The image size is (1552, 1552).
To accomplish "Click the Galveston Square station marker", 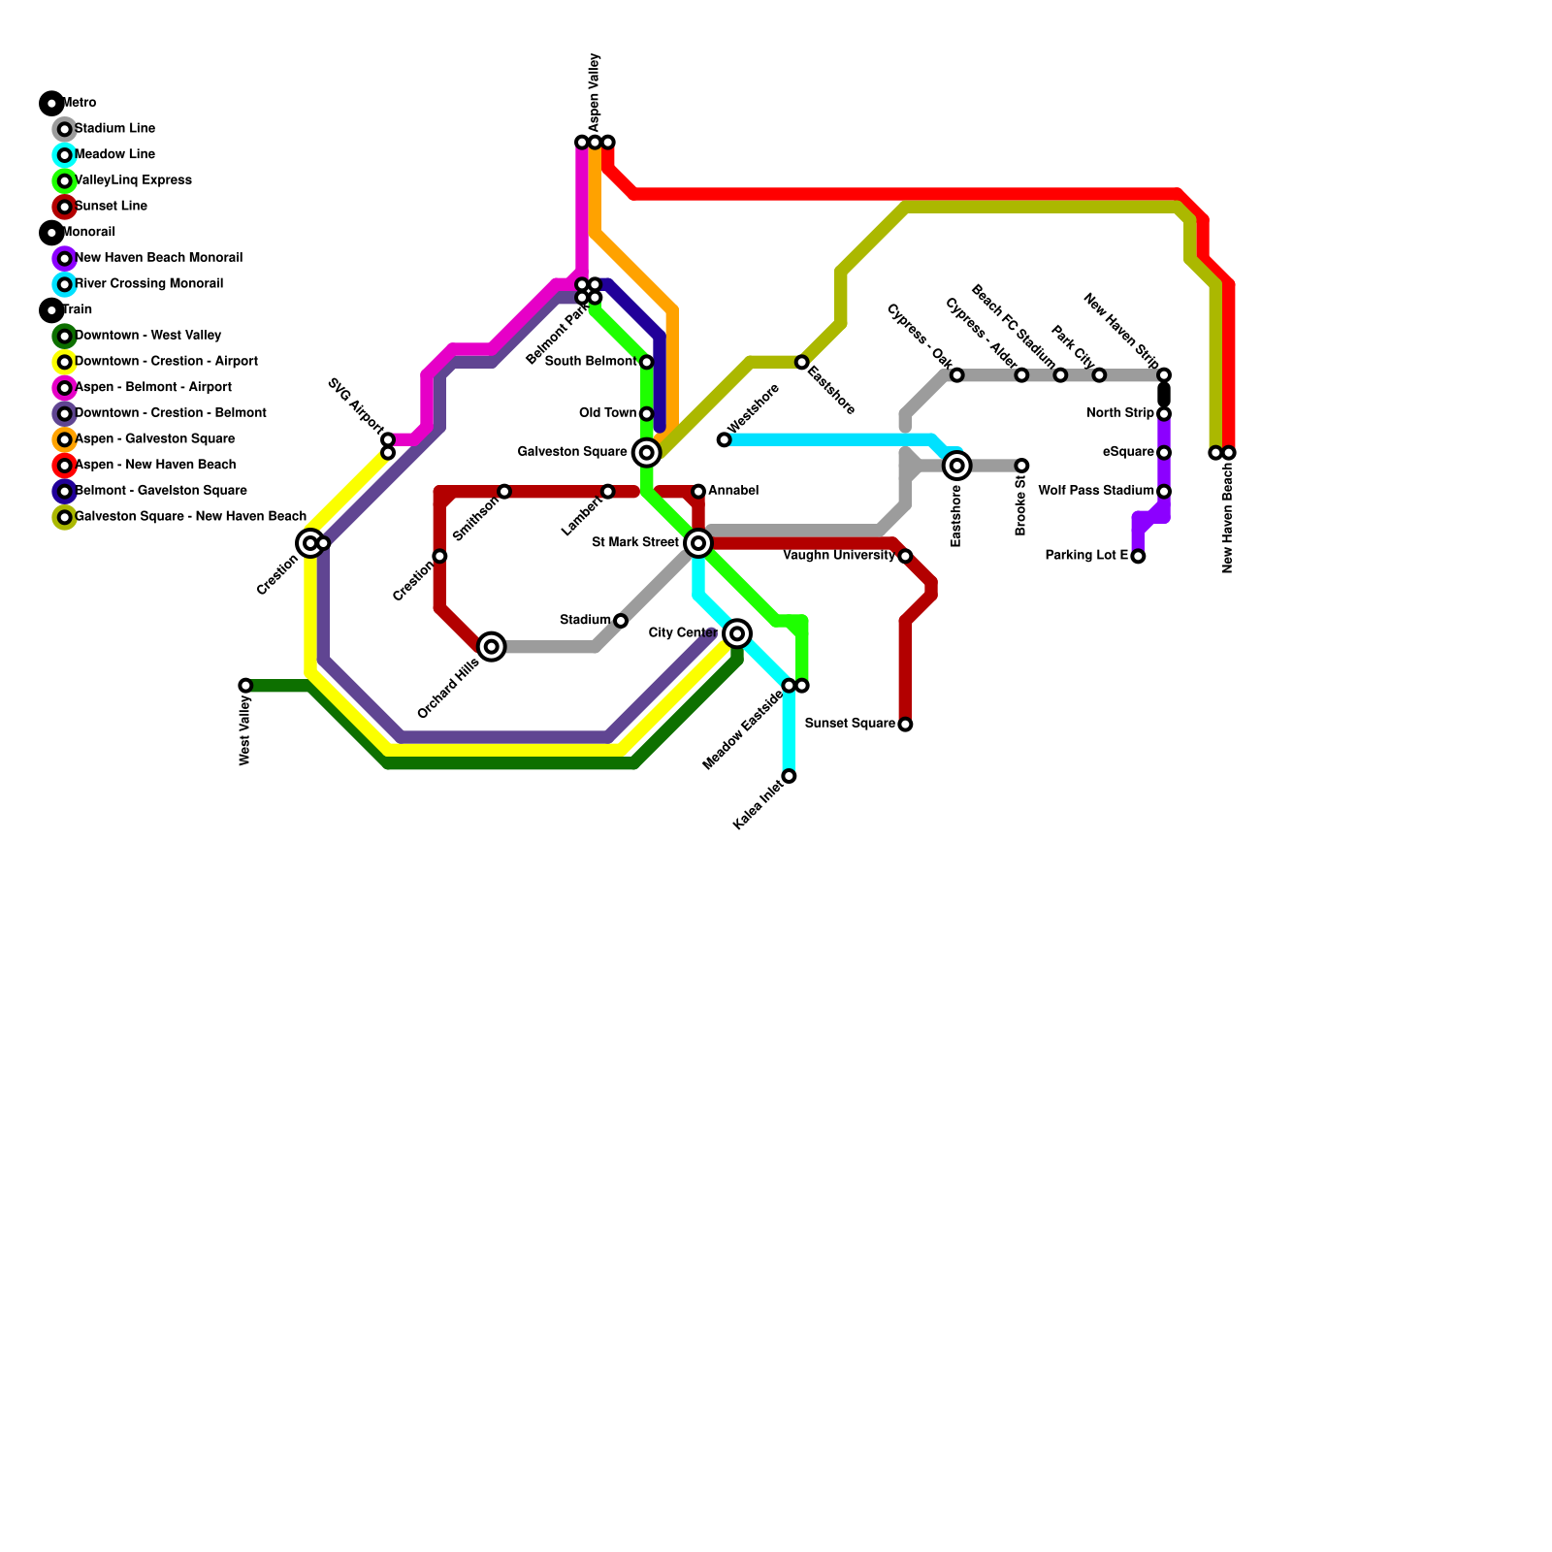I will (x=646, y=453).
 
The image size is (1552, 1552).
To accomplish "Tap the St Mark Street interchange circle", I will (x=698, y=543).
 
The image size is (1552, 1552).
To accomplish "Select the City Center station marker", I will (x=737, y=633).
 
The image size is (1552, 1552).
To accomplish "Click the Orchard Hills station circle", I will (x=492, y=646).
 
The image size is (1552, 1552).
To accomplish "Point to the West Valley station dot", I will (x=245, y=686).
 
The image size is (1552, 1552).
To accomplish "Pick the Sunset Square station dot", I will (x=905, y=725).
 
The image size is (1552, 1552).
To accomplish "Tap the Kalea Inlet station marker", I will (x=790, y=776).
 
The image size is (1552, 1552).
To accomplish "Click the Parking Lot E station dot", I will (x=1138, y=556).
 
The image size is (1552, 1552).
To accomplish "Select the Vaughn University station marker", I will (x=905, y=556).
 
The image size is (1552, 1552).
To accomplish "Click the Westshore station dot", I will (x=724, y=440).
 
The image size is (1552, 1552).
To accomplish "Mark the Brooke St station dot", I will (x=1021, y=466).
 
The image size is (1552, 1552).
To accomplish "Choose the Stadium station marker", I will (x=621, y=621).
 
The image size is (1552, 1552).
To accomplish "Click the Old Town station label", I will (x=607, y=413).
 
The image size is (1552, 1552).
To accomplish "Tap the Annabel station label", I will (x=733, y=491).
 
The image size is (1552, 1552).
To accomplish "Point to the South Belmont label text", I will (x=591, y=362).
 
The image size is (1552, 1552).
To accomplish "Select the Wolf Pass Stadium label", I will (x=1096, y=491).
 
